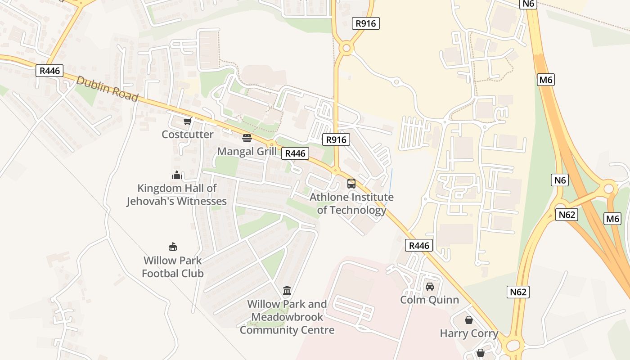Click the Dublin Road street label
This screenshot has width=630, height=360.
point(107,89)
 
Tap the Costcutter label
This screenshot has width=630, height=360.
point(188,134)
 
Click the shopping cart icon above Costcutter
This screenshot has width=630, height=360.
point(188,121)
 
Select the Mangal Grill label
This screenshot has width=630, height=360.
point(247,151)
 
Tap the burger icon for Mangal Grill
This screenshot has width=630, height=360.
point(247,138)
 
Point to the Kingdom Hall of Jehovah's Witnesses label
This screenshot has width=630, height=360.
point(176,194)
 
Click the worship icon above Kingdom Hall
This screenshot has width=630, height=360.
point(176,175)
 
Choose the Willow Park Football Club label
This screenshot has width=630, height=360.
point(173,267)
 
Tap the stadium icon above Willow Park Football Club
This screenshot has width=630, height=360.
point(173,247)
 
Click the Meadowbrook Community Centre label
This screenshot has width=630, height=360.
point(287,317)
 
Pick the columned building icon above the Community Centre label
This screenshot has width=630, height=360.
point(287,291)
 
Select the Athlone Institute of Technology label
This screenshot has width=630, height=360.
point(351,203)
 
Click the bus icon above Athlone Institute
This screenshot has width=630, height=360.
point(351,184)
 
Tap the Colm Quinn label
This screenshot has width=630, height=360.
point(430,300)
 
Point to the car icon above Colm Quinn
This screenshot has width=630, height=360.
point(430,286)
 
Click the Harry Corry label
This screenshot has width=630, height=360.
point(469,333)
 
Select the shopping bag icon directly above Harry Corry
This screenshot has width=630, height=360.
point(469,320)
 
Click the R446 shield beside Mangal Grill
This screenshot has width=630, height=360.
point(296,153)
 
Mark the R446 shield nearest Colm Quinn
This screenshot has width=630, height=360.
point(419,245)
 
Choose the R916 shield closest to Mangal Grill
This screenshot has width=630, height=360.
point(337,139)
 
